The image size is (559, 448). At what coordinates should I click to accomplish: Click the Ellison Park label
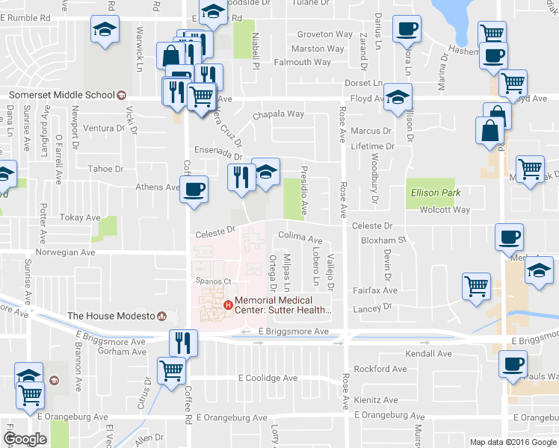(x=435, y=193)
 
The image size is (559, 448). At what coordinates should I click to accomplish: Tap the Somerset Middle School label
(x=61, y=95)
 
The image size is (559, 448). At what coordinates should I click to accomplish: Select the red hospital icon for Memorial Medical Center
(x=228, y=304)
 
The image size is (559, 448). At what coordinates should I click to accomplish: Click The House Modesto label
(x=111, y=316)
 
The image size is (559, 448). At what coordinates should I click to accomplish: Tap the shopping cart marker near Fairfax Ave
(x=476, y=286)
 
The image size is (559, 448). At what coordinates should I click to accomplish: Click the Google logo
(x=25, y=438)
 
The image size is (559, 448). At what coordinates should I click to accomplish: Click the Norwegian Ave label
(x=70, y=252)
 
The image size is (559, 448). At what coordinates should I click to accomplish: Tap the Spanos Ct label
(x=210, y=281)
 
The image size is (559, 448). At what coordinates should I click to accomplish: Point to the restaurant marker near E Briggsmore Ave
(x=182, y=343)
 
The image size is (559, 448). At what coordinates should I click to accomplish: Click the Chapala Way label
(x=278, y=114)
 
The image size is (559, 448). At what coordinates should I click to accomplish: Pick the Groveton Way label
(x=325, y=34)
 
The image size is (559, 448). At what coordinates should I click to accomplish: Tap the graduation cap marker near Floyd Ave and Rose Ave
(x=398, y=97)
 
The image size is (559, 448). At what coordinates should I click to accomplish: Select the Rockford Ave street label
(x=381, y=369)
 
